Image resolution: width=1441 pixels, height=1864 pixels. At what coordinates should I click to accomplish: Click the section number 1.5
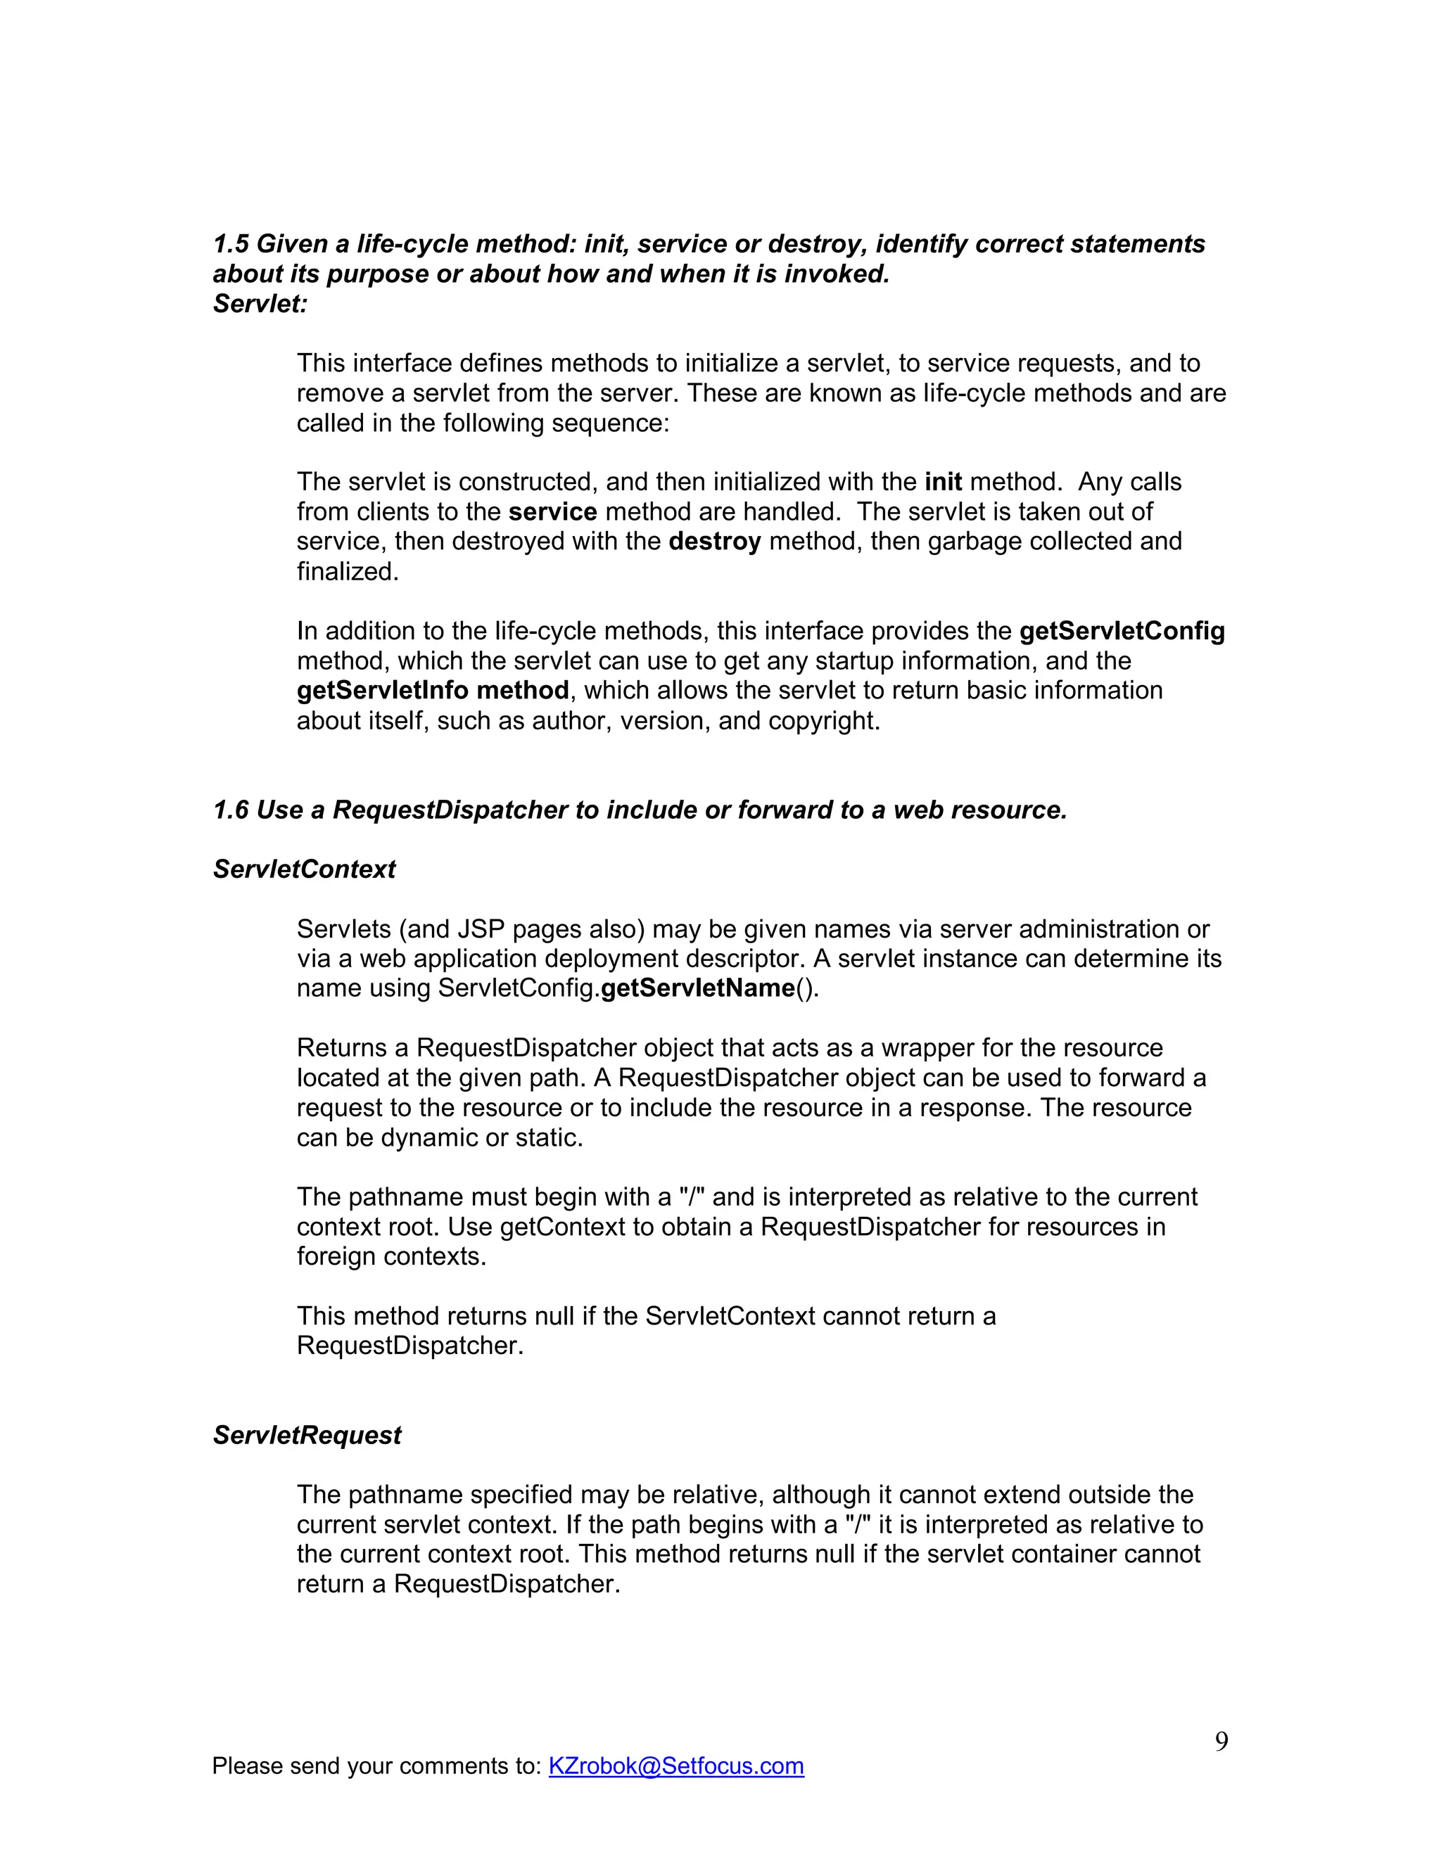tap(231, 244)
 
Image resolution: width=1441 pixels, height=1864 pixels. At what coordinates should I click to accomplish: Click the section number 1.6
tap(231, 810)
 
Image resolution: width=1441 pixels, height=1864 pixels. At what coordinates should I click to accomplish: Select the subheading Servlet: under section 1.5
tap(260, 304)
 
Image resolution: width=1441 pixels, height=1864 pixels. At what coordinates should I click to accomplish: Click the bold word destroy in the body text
tap(715, 542)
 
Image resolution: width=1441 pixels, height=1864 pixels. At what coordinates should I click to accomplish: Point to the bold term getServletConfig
tap(1122, 632)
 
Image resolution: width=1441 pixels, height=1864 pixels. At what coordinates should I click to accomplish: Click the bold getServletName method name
tap(697, 988)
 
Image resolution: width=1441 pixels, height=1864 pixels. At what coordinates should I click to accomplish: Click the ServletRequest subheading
tap(307, 1436)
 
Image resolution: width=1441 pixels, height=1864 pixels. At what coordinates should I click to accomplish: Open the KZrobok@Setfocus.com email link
tap(675, 1766)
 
